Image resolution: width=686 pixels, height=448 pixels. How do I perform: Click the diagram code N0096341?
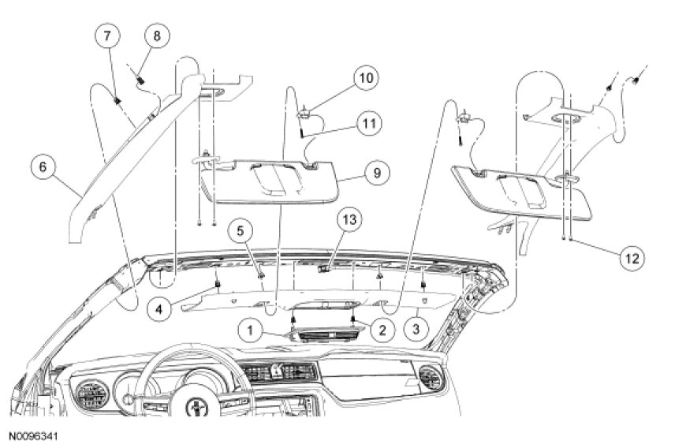34,435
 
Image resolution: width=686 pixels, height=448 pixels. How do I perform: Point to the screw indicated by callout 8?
140,77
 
